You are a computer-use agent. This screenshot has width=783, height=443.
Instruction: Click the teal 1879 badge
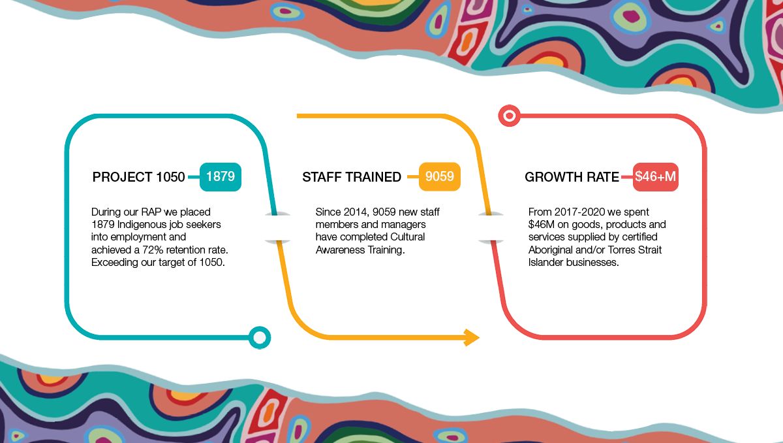[221, 176]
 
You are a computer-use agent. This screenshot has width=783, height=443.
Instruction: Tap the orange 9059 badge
[439, 176]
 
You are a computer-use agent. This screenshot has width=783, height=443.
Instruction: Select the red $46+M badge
[655, 177]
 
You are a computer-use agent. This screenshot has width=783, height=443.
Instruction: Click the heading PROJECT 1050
[138, 177]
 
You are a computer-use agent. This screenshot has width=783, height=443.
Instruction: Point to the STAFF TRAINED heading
[352, 177]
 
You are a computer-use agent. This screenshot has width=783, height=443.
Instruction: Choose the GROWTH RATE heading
[572, 177]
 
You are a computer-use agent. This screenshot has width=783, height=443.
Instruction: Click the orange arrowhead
[471, 337]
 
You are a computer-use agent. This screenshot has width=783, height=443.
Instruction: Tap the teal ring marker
[260, 337]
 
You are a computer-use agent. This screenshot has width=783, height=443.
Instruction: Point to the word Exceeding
[117, 262]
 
